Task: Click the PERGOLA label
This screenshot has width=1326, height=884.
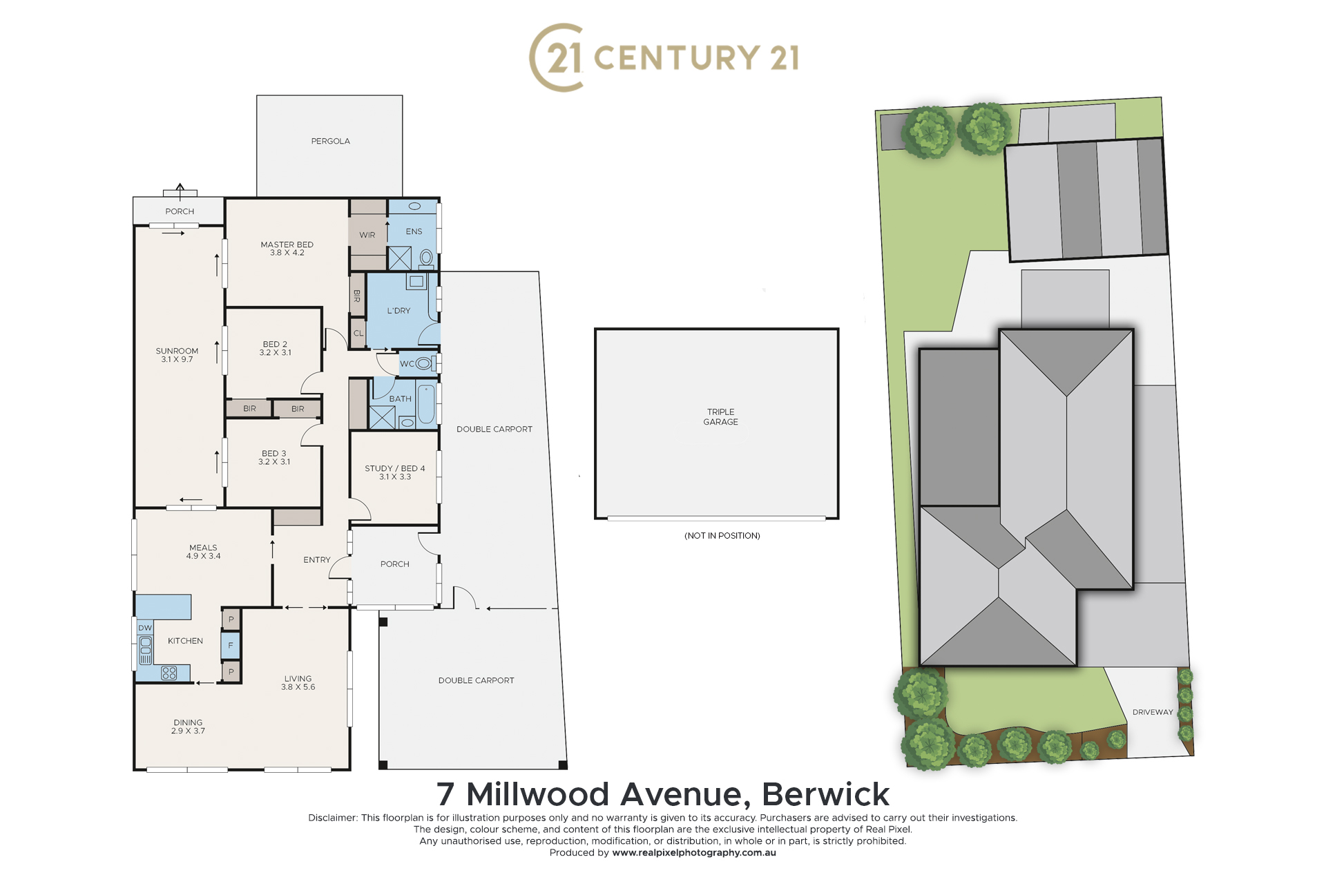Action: pyautogui.click(x=330, y=141)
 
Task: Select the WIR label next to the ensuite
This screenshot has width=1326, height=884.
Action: pyautogui.click(x=367, y=235)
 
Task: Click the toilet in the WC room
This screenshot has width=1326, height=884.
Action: pyautogui.click(x=423, y=363)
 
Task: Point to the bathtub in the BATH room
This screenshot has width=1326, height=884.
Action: pyautogui.click(x=426, y=405)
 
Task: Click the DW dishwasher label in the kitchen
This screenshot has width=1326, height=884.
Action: pyautogui.click(x=145, y=628)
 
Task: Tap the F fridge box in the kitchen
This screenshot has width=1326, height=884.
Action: pyautogui.click(x=231, y=646)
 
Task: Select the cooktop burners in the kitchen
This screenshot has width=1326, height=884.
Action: pyautogui.click(x=169, y=673)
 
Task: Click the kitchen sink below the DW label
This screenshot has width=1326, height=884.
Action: pyautogui.click(x=146, y=651)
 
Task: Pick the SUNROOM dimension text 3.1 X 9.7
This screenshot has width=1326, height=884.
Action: pyautogui.click(x=177, y=359)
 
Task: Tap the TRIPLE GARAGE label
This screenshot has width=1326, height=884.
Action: pyautogui.click(x=720, y=416)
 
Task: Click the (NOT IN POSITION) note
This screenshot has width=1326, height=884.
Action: pyautogui.click(x=722, y=535)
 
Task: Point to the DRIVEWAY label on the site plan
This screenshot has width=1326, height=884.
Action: pyautogui.click(x=1153, y=712)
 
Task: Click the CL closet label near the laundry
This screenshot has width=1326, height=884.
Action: pyautogui.click(x=358, y=333)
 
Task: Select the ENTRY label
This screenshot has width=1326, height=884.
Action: pyautogui.click(x=317, y=560)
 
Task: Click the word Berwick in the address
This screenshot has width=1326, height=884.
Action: pyautogui.click(x=825, y=794)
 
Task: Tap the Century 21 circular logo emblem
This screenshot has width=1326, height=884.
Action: pyautogui.click(x=557, y=57)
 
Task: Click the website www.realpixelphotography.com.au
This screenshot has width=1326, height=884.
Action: pyautogui.click(x=694, y=853)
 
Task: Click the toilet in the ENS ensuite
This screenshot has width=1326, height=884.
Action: pyautogui.click(x=426, y=259)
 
